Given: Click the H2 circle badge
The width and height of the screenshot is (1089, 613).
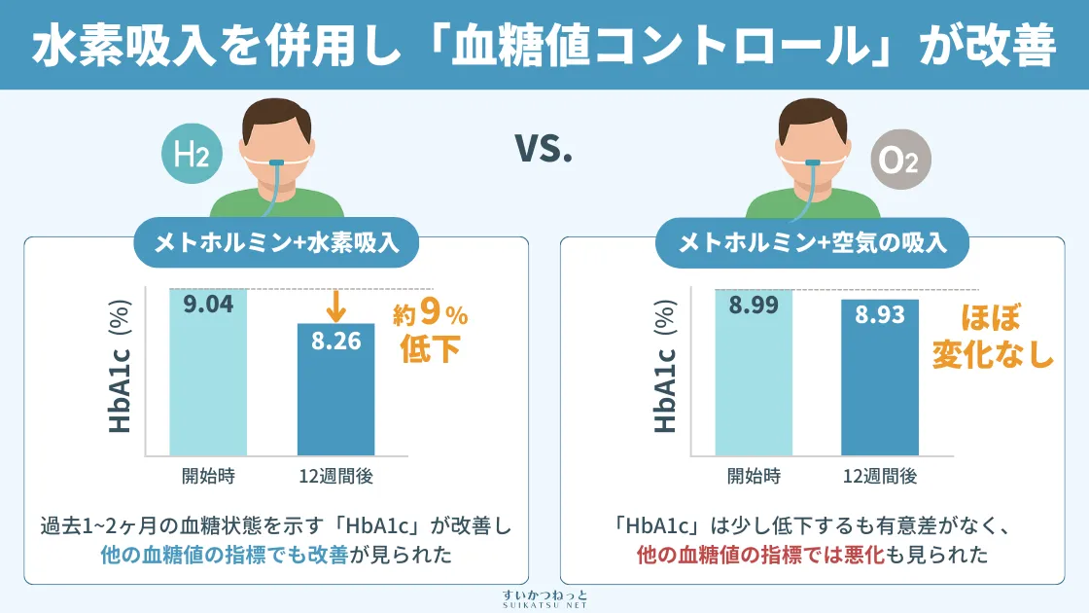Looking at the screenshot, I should coord(192,155).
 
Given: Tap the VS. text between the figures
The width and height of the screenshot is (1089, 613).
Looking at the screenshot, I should coord(544,151).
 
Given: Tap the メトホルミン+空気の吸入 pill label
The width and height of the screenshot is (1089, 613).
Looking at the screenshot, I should coord(813,242).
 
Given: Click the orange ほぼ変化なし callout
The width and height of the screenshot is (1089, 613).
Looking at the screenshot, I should coord(993,336).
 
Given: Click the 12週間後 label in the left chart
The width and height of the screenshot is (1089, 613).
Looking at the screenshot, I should coord(335,477).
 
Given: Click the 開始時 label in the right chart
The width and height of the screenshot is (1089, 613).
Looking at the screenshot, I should coord(754,477).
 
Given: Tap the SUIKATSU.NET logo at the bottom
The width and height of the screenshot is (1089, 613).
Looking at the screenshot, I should coord(544,597).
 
